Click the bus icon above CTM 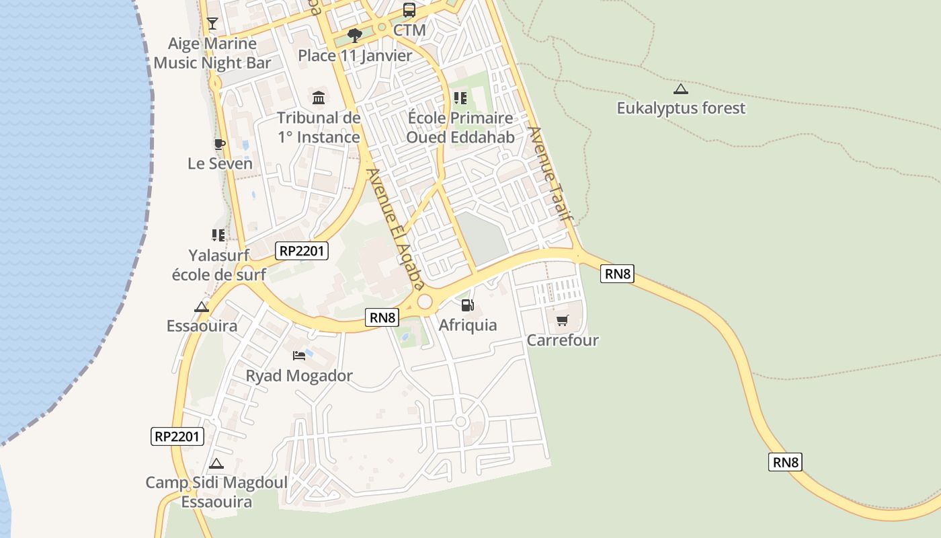409,10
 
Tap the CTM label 409,30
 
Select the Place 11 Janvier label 355,56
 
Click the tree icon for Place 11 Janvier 355,35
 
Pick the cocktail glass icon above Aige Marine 212,24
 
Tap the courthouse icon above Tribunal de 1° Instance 319,98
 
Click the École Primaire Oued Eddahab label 460,128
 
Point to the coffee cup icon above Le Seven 219,144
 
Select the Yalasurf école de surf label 219,265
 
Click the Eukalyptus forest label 681,108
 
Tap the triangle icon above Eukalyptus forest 681,89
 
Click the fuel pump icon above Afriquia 468,306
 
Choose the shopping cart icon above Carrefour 562,320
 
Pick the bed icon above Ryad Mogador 299,356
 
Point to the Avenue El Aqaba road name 397,228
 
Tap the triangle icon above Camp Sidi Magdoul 216,463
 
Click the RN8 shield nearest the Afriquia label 382,317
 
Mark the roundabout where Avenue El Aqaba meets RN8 425,302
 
